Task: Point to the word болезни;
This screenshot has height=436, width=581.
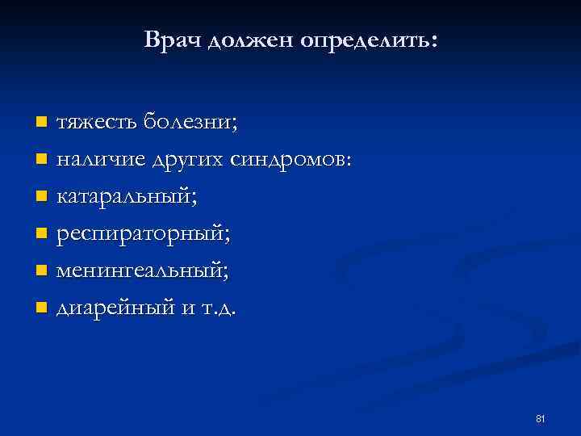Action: [x=190, y=123]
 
